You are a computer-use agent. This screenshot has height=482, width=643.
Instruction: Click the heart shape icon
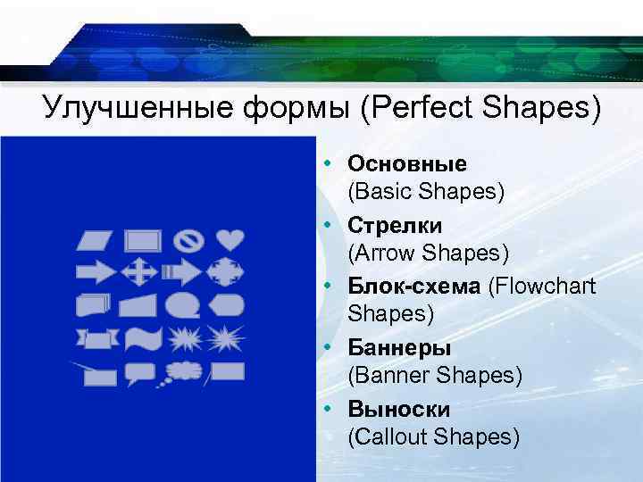pos(230,240)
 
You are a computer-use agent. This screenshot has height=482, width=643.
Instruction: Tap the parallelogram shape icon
pos(95,241)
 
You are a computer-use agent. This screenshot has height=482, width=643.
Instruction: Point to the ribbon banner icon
pos(96,339)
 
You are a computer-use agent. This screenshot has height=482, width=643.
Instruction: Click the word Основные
pos(407,164)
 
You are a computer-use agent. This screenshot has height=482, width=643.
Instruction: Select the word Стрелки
pos(395,225)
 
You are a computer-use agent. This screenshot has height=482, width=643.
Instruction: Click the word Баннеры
pos(398,347)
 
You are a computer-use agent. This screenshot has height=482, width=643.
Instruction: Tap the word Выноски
pos(398,409)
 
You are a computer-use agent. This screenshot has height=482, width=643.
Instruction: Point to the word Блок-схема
pos(414,286)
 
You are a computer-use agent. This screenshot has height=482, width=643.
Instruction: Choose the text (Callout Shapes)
pos(434,437)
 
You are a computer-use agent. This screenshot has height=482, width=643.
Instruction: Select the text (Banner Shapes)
pos(435,376)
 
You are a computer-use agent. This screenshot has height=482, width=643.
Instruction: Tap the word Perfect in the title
pos(421,110)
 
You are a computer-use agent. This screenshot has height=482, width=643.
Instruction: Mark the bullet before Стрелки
pos(330,223)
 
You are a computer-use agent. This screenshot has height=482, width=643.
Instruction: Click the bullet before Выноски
pos(330,407)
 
